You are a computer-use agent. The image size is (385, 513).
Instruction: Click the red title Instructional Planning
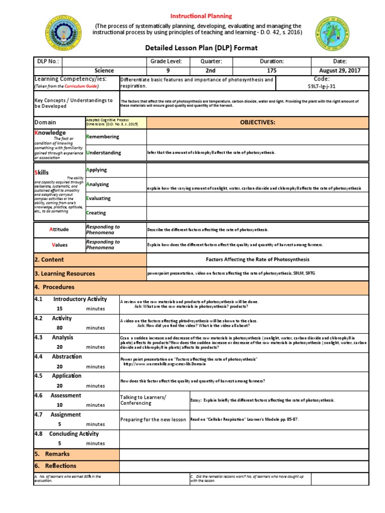[x=202, y=16]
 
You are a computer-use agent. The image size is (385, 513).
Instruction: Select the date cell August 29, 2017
[x=339, y=71]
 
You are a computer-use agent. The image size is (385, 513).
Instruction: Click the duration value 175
[x=271, y=71]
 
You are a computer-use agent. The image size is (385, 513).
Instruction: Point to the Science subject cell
[x=104, y=71]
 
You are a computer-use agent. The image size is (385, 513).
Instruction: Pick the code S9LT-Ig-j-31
[x=321, y=86]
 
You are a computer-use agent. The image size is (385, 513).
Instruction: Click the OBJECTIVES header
[x=258, y=122]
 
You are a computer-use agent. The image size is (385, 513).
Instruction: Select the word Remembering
[x=103, y=137]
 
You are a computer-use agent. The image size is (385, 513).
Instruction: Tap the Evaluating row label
[x=98, y=198]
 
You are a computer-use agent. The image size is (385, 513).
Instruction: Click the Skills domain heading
[x=42, y=172]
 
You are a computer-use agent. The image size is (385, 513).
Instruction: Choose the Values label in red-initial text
[x=60, y=245]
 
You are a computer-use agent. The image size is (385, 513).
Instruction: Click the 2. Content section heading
[x=49, y=260]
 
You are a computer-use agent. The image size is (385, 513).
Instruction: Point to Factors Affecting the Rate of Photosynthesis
[x=258, y=260]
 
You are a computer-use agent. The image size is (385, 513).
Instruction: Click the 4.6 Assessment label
[x=62, y=395]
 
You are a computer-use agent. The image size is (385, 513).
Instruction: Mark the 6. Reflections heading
[x=55, y=466]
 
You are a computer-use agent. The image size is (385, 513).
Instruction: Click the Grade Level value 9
[x=168, y=71]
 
